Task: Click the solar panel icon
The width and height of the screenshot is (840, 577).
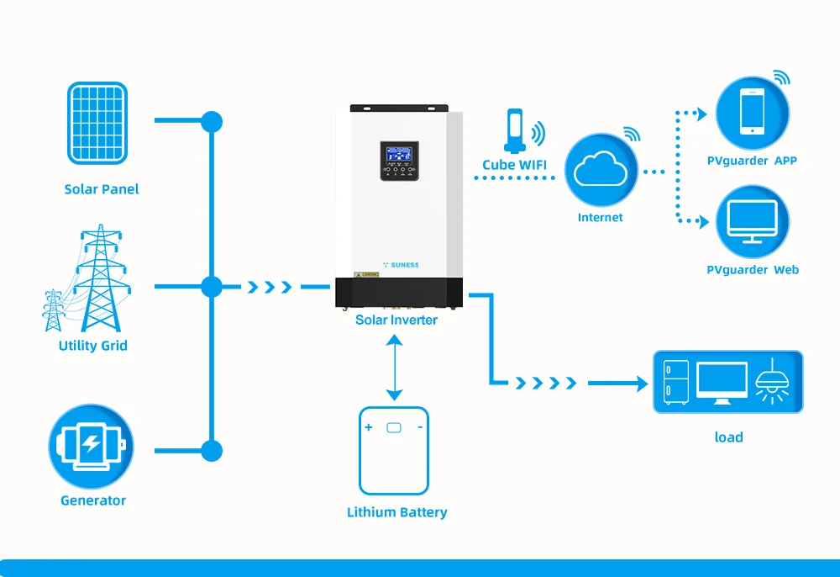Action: (x=97, y=122)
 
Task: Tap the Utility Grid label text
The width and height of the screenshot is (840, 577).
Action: (x=93, y=346)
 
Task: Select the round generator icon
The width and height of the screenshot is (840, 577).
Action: (x=91, y=447)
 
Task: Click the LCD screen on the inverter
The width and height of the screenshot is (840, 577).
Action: (x=398, y=154)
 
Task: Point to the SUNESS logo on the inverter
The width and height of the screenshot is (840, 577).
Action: (x=400, y=264)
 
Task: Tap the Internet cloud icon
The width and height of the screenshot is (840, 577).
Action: (x=600, y=171)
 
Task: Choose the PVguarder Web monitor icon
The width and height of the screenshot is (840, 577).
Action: (x=753, y=222)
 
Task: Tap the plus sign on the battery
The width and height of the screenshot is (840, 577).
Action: (x=369, y=427)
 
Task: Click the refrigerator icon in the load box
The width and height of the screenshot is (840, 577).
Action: (x=675, y=383)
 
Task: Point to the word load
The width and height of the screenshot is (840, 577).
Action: (x=728, y=437)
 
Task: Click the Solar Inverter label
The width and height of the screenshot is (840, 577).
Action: (x=396, y=320)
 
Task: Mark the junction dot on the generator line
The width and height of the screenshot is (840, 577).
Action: (x=212, y=451)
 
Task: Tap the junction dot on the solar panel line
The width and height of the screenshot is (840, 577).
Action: (x=212, y=121)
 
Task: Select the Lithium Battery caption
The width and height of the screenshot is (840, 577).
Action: (x=397, y=512)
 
